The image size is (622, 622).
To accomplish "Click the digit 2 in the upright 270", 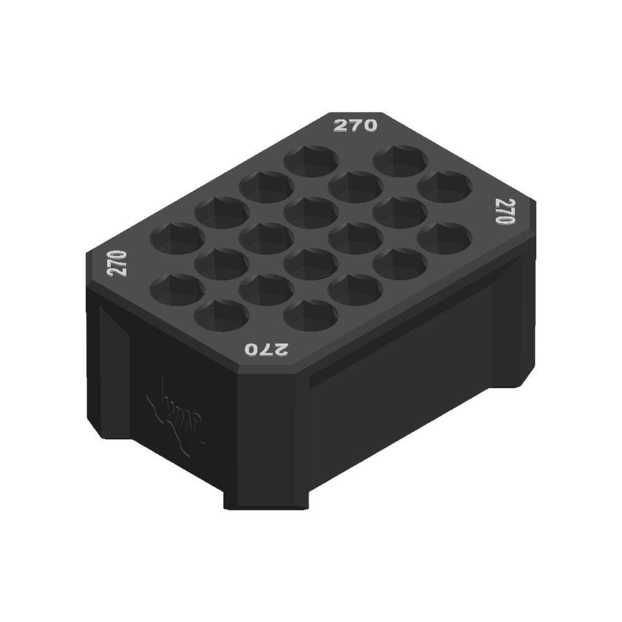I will (341, 126).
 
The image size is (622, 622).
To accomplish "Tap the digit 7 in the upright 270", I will (355, 126).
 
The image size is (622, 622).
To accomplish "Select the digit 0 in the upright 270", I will (369, 126).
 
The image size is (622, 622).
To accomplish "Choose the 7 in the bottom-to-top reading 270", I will (117, 263).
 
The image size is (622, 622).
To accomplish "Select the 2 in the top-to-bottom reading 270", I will (504, 205).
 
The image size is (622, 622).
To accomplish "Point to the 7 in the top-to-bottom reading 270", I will (504, 212).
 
